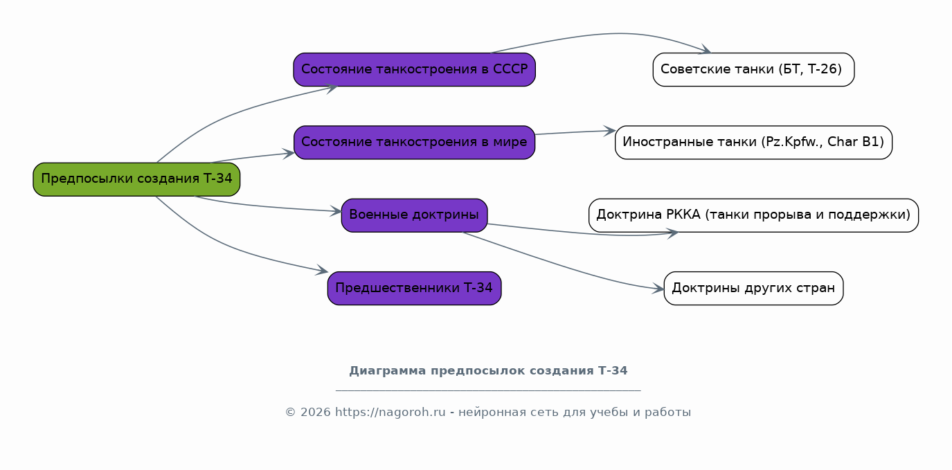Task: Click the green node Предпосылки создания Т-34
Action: pos(136,179)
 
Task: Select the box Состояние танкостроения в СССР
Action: pos(414,70)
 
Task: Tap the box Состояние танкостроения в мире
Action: pos(414,143)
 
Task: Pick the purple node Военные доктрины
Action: pos(414,215)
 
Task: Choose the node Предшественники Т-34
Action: pos(414,288)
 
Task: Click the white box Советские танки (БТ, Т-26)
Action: pos(753,70)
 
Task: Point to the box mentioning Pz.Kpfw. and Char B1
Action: pos(753,143)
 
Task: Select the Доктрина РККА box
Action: pos(753,215)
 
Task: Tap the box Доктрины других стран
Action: pos(753,288)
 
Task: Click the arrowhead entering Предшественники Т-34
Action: pos(322,270)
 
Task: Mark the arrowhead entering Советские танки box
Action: pos(706,50)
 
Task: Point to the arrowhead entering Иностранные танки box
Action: pos(610,131)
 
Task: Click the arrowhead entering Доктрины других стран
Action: pos(658,289)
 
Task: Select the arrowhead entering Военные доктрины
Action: pos(336,211)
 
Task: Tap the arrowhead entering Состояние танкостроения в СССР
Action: pos(332,89)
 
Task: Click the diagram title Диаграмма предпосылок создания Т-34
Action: pos(488,370)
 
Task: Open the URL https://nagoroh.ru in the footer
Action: pos(390,413)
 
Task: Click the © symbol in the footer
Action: pos(290,413)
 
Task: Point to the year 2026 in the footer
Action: pos(315,413)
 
